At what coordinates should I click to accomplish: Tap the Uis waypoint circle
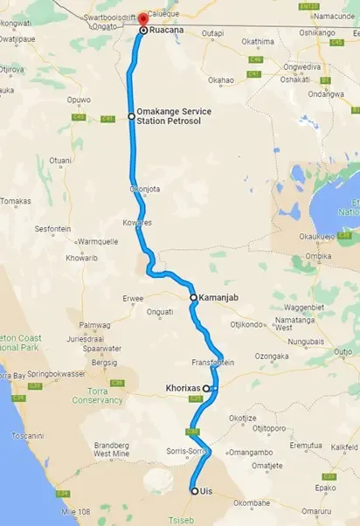(194, 491)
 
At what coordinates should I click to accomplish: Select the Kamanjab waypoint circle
(193, 297)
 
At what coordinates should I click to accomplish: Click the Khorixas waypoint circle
(206, 388)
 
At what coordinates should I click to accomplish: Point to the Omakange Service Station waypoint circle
(131, 115)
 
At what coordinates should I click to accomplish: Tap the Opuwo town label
(80, 100)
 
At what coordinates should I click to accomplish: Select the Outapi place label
(212, 33)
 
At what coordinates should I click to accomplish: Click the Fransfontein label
(213, 361)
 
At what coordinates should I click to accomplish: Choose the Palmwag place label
(94, 325)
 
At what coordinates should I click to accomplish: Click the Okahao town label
(222, 80)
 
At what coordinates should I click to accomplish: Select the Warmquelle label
(97, 241)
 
